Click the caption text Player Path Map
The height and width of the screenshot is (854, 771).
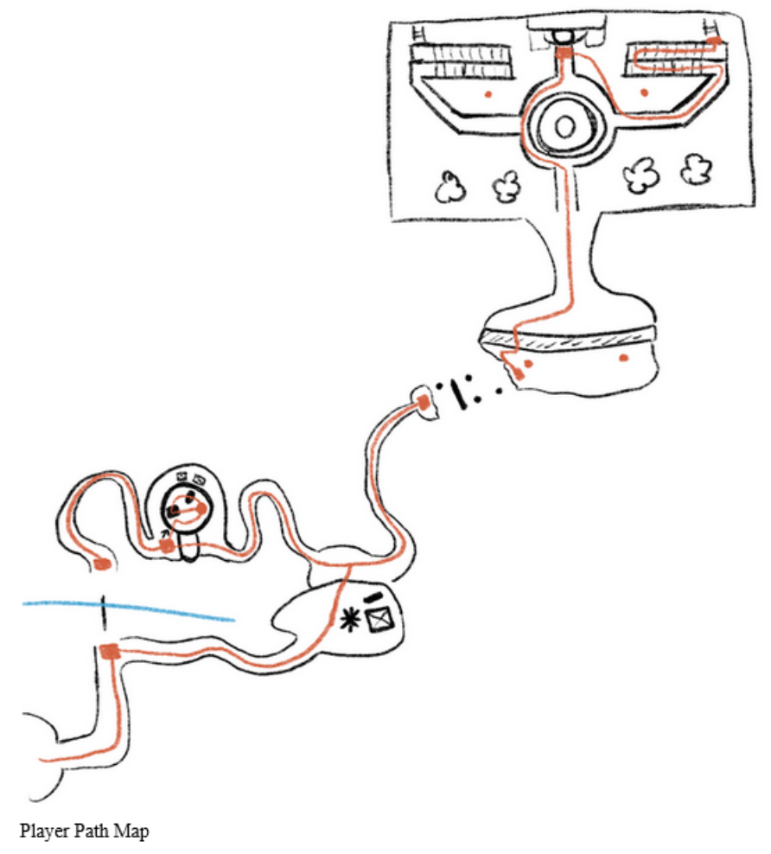tap(83, 832)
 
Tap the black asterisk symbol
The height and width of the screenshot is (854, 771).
tap(352, 618)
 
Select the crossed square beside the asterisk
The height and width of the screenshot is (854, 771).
tap(378, 620)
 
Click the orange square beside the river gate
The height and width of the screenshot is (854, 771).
tap(109, 652)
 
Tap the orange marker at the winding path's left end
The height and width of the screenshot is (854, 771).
tap(102, 564)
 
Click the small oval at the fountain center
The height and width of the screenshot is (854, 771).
tap(564, 128)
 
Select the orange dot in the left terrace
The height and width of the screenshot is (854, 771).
tap(488, 91)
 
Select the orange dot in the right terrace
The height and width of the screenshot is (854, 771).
tap(643, 91)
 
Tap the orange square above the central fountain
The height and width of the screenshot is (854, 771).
tap(564, 54)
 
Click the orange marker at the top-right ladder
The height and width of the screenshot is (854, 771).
tap(714, 40)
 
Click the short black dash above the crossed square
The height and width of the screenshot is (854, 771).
tap(373, 597)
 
